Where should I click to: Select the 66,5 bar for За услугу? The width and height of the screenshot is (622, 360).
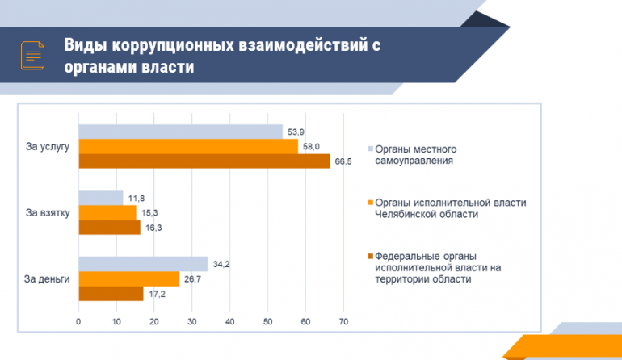204,161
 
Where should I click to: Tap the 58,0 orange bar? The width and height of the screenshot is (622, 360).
188,147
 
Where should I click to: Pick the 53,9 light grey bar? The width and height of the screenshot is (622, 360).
180,132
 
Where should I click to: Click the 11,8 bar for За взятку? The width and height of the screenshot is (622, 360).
101,198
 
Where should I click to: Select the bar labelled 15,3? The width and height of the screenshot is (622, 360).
107,212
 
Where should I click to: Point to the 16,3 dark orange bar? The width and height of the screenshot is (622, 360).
109,227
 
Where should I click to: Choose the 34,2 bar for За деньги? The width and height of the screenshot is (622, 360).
143,264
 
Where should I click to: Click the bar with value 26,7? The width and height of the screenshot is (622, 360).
129,278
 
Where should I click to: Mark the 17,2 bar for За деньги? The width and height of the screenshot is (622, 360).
111,293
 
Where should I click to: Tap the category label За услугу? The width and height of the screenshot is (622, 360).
48,147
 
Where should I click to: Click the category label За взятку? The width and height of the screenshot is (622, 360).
48,213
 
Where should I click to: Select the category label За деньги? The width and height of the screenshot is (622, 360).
47,279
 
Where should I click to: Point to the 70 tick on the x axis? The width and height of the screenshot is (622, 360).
343,322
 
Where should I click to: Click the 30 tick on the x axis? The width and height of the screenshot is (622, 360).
192,322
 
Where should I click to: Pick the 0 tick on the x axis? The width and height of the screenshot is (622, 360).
78,322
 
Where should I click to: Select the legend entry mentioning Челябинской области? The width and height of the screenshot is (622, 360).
450,207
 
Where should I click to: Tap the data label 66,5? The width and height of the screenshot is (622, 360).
343,161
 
